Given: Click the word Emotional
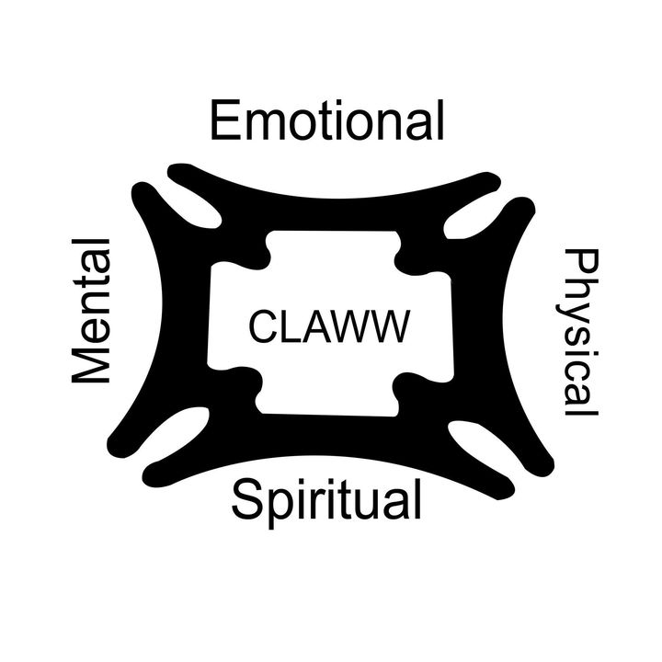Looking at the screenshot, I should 326,122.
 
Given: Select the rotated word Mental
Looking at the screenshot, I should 92,311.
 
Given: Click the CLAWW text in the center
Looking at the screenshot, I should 328,326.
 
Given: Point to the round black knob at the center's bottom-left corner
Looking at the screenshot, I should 241,382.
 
